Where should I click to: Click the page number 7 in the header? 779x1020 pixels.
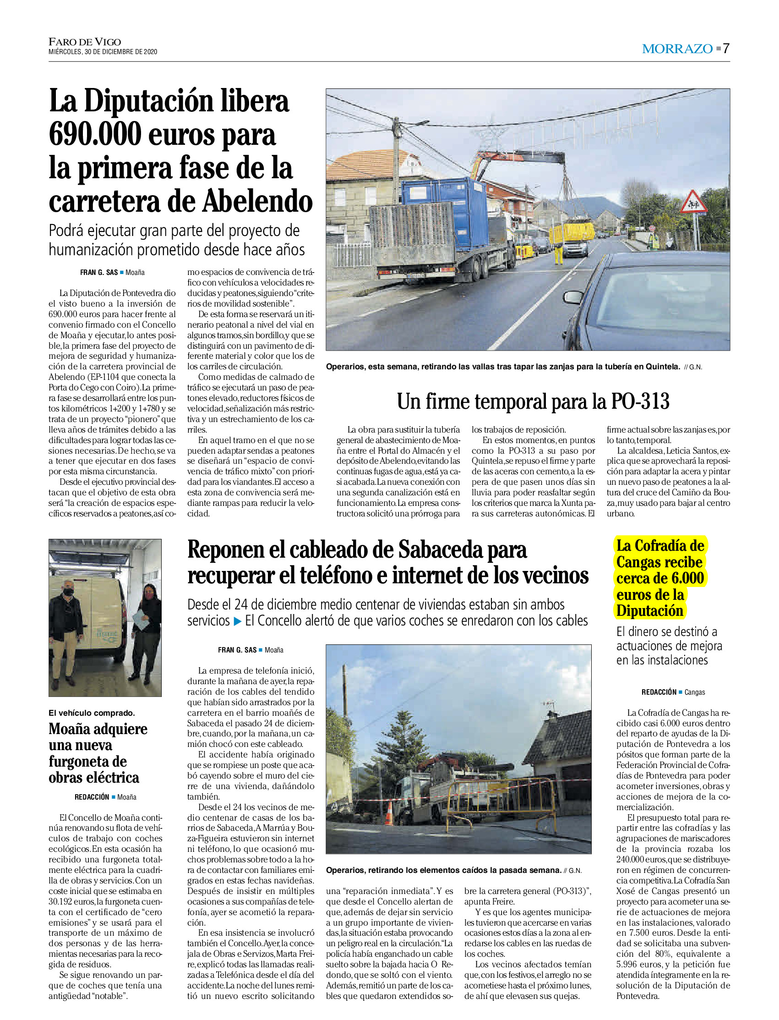click(726, 48)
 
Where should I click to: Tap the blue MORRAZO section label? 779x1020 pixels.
click(677, 49)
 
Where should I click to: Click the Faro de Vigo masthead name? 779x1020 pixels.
click(85, 42)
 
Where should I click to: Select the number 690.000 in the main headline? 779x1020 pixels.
click(95, 135)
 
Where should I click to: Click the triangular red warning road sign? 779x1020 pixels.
click(693, 202)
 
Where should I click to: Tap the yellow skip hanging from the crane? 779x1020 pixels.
click(572, 232)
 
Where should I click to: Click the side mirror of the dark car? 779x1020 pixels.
click(573, 297)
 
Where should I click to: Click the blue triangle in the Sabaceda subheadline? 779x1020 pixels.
click(237, 621)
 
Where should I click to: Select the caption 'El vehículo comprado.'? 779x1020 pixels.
click(92, 713)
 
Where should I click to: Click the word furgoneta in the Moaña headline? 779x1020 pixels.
click(87, 762)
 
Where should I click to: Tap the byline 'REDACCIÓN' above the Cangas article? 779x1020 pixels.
click(659, 692)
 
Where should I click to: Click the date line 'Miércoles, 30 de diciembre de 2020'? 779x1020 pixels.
click(103, 52)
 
